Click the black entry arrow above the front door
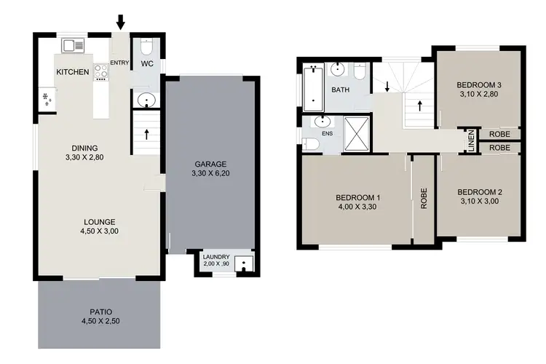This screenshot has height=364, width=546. pyautogui.click(x=120, y=22)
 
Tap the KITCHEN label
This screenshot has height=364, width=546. pyautogui.click(x=73, y=71)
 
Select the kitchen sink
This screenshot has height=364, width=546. pyautogui.click(x=74, y=45)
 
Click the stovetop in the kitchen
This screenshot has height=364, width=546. pyautogui.click(x=100, y=71)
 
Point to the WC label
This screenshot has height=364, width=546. pyautogui.click(x=146, y=63)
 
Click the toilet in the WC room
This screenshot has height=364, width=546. pyautogui.click(x=146, y=47)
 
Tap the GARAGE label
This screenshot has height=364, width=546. pyautogui.click(x=211, y=164)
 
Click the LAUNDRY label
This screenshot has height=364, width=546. pyautogui.click(x=216, y=257)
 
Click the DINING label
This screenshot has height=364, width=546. pyautogui.click(x=81, y=146)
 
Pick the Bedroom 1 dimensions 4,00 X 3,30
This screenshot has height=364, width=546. pyautogui.click(x=358, y=207)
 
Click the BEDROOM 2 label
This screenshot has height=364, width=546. pyautogui.click(x=480, y=192)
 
